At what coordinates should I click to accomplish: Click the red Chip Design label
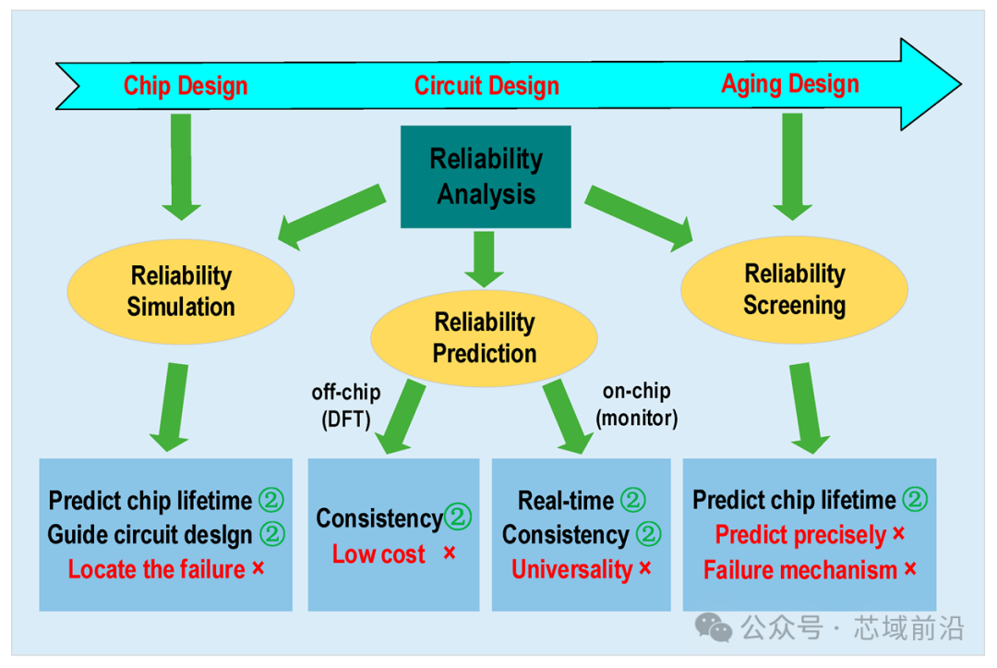tap(185, 86)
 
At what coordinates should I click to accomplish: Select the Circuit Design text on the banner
tap(486, 86)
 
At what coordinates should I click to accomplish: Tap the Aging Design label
tap(789, 85)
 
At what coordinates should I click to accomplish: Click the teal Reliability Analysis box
tap(486, 176)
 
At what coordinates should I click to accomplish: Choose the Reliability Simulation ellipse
tap(181, 292)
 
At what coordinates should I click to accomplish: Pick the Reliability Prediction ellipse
tap(484, 338)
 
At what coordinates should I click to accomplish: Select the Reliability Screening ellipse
tap(794, 290)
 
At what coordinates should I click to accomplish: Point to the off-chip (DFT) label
tap(346, 406)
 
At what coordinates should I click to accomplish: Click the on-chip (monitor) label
tap(636, 405)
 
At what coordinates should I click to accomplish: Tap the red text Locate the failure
tap(156, 569)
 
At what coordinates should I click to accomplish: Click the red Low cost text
tap(378, 554)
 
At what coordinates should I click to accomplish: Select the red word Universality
tap(571, 569)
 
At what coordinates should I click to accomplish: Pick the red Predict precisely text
tap(800, 535)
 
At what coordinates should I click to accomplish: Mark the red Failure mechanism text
tap(799, 570)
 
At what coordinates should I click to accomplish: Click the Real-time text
tap(566, 501)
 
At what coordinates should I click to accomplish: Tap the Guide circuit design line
tap(150, 535)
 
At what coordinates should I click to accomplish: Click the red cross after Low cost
tap(450, 553)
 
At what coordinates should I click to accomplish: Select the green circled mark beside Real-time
tap(633, 500)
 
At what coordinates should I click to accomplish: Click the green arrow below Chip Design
tap(181, 167)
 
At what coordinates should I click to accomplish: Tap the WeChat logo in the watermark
tap(713, 627)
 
